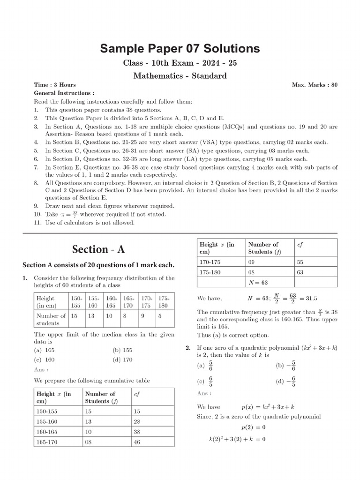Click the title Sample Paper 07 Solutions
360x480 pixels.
[180, 49]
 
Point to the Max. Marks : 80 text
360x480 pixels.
[314, 85]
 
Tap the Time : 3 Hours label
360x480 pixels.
[55, 85]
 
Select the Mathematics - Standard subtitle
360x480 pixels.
[180, 75]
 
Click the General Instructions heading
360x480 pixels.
[64, 93]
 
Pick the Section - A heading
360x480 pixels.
[98, 249]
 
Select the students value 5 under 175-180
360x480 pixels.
[160, 316]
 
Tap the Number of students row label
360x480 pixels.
[51, 319]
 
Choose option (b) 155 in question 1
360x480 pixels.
[122, 350]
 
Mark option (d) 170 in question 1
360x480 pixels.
[122, 360]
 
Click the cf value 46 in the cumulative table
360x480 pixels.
[137, 442]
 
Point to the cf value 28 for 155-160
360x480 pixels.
[137, 421]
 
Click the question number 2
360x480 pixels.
[187, 348]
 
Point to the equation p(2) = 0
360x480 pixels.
[253, 427]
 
